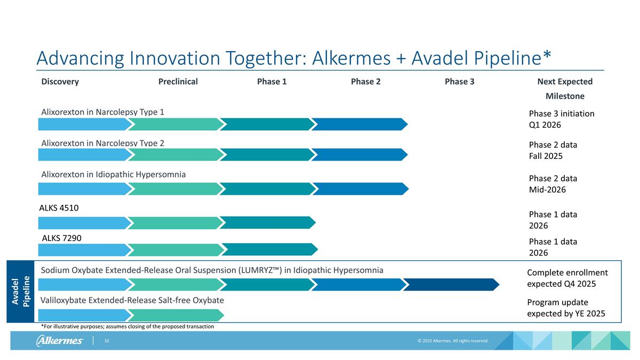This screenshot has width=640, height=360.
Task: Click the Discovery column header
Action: click(60, 82)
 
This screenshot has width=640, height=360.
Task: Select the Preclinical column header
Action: click(178, 82)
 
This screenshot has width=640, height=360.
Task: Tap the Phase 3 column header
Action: click(459, 82)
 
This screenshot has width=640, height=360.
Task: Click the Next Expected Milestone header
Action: click(565, 89)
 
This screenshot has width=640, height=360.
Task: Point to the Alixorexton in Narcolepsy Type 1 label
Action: click(103, 112)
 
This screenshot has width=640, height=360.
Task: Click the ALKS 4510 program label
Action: click(60, 208)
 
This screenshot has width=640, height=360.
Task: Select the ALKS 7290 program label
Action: click(61, 238)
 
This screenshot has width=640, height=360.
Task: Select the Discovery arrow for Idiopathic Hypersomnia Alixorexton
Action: click(84, 189)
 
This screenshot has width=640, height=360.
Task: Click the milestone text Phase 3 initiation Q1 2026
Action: click(561, 119)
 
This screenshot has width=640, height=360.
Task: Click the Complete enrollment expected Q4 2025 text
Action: click(567, 278)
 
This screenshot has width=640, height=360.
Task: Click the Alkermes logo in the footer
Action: click(60, 341)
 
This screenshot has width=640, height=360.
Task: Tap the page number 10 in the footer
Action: click(107, 341)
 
